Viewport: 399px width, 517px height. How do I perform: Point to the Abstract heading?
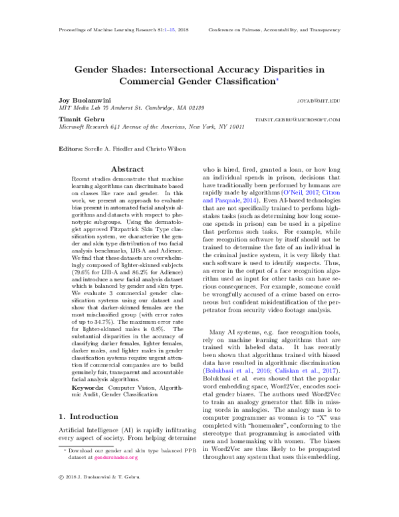coord(127,169)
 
